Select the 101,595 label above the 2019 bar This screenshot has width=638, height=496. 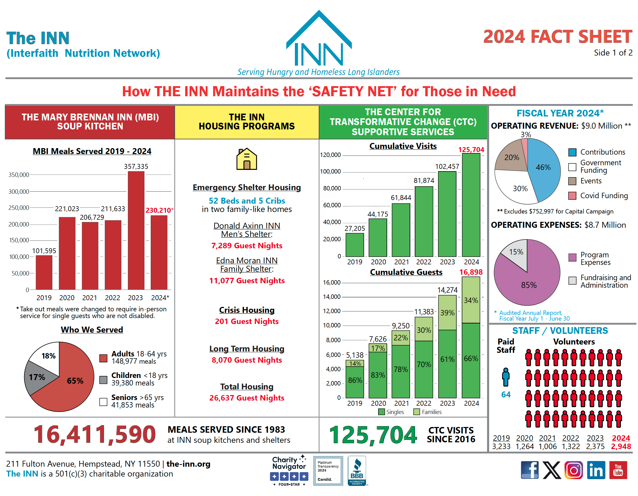(x=44, y=251)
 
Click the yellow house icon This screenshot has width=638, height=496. (x=247, y=159)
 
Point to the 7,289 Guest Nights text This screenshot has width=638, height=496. (x=247, y=245)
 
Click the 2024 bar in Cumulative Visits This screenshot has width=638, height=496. (x=471, y=205)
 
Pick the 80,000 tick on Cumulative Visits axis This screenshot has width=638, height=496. (x=332, y=189)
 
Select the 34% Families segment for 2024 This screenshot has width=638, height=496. (x=471, y=300)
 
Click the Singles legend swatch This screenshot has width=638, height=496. (x=381, y=412)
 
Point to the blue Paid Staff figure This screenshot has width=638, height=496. (x=506, y=377)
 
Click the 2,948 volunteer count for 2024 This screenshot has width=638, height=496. (x=621, y=446)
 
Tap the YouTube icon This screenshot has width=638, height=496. (x=618, y=470)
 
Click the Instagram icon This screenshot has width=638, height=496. (x=573, y=470)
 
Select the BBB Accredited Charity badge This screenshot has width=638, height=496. (x=357, y=471)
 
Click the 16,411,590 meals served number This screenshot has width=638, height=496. (x=95, y=435)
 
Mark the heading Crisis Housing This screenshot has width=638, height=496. (x=247, y=310)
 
